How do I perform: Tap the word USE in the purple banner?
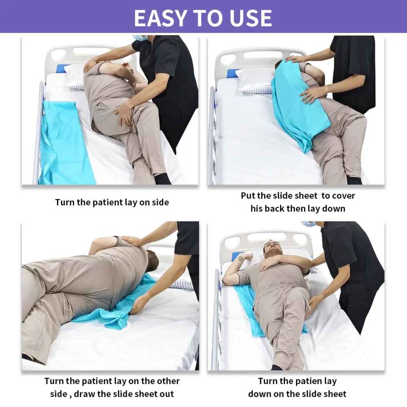251,18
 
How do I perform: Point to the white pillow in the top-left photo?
74,77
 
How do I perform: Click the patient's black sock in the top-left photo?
162,179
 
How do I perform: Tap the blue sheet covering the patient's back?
298,104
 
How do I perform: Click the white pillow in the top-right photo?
256,80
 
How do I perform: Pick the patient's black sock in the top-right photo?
354,180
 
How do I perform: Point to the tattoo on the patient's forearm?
241,258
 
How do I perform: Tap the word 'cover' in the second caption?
344,196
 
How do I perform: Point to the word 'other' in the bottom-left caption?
168,381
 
